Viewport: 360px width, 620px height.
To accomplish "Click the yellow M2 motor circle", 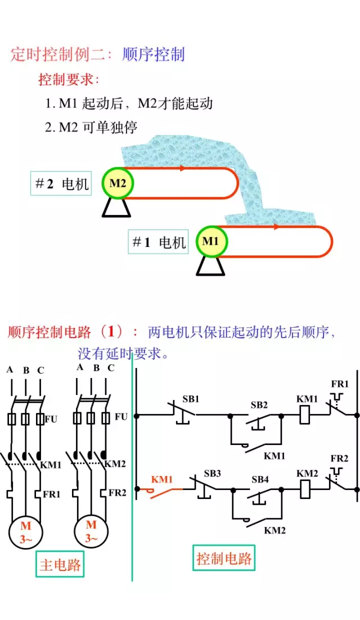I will click(x=118, y=183).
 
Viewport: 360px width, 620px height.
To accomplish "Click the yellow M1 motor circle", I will click(x=210, y=241).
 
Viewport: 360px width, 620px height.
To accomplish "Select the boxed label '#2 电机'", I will click(x=61, y=183).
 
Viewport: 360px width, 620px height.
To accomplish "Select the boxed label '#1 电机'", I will click(x=158, y=242).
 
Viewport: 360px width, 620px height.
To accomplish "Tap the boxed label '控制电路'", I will click(x=224, y=559).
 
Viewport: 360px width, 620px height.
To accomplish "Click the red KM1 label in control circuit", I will click(x=161, y=480).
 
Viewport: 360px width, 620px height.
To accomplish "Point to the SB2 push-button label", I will click(x=259, y=405).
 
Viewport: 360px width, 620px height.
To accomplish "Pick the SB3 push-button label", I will click(x=213, y=473).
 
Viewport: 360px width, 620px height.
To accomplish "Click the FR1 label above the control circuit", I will click(x=340, y=384).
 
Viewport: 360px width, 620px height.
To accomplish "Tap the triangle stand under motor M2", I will click(x=116, y=209).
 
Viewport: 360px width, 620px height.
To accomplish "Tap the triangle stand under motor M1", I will click(x=210, y=266).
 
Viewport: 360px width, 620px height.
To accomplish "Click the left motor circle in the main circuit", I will click(x=26, y=531).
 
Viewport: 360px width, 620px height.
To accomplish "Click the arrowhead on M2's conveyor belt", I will click(x=182, y=168).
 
